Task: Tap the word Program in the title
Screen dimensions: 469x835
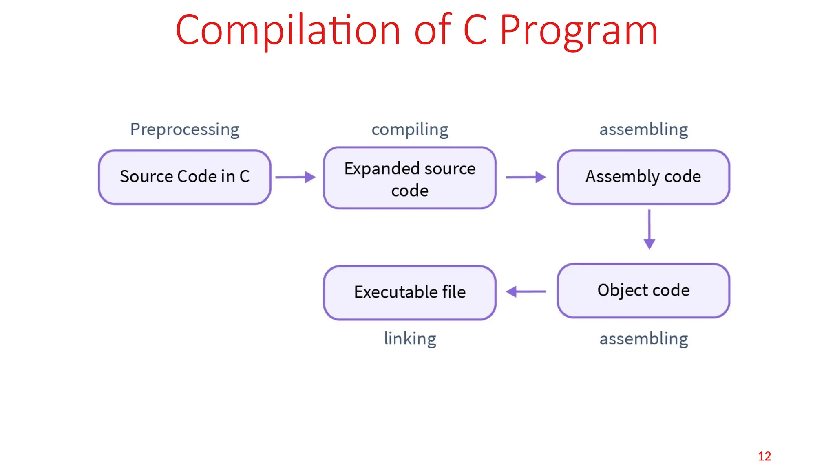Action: click(579, 31)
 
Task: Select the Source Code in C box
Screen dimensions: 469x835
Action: click(185, 177)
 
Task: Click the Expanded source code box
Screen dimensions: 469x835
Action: click(410, 178)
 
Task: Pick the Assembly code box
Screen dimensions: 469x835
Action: click(643, 177)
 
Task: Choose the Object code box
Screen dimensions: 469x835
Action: click(643, 290)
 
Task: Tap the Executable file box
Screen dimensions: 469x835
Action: click(410, 292)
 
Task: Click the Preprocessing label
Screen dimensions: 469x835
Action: click(185, 129)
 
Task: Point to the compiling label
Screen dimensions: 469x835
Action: click(410, 129)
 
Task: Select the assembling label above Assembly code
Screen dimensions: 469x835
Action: click(643, 129)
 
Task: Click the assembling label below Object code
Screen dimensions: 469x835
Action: click(643, 339)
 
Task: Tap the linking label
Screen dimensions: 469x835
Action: click(410, 339)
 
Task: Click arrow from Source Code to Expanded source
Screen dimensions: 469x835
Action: click(295, 177)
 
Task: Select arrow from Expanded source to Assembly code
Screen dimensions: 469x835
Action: click(526, 177)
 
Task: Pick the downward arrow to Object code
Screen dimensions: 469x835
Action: click(649, 229)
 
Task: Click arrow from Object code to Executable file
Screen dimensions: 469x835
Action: click(526, 291)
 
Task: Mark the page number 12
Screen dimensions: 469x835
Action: click(764, 456)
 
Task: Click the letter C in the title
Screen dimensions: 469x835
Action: click(475, 30)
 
